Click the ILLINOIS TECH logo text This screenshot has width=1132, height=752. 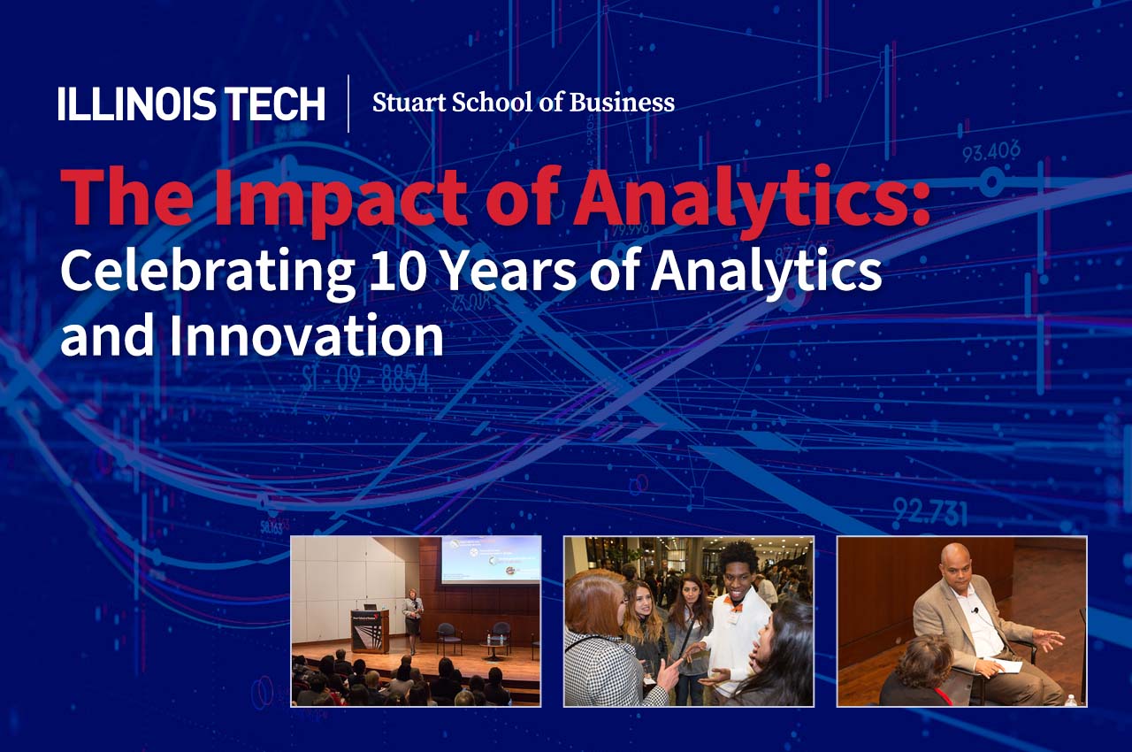(191, 104)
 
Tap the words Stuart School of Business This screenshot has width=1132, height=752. (523, 103)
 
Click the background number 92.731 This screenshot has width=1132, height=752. (929, 511)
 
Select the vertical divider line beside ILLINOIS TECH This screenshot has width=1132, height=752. (348, 104)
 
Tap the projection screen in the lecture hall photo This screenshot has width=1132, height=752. (490, 559)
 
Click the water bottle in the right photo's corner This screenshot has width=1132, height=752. (1072, 699)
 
